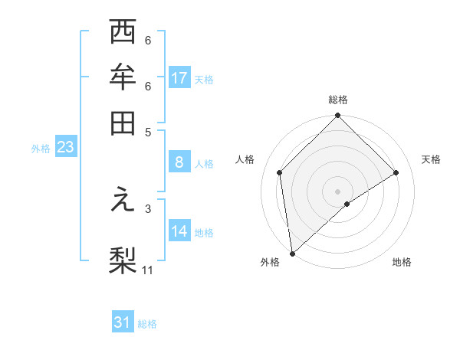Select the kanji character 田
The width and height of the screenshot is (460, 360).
[123, 122]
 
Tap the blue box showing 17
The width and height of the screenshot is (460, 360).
[179, 78]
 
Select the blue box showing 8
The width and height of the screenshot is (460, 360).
[179, 162]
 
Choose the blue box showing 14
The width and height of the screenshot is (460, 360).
[179, 231]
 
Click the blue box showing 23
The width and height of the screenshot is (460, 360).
[64, 148]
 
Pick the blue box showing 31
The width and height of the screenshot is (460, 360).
[123, 322]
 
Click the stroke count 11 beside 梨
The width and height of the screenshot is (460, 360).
[148, 270]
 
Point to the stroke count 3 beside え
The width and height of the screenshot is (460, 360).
[148, 208]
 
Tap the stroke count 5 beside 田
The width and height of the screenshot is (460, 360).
[148, 131]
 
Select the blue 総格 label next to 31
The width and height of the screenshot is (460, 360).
[147, 324]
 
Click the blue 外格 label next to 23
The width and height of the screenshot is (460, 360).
[40, 149]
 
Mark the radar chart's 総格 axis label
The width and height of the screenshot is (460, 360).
[338, 100]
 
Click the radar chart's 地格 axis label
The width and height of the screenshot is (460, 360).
[402, 263]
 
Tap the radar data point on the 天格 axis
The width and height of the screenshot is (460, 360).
[396, 172]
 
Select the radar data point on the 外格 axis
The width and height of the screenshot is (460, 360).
[292, 254]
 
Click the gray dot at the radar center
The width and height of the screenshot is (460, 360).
[337, 191]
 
